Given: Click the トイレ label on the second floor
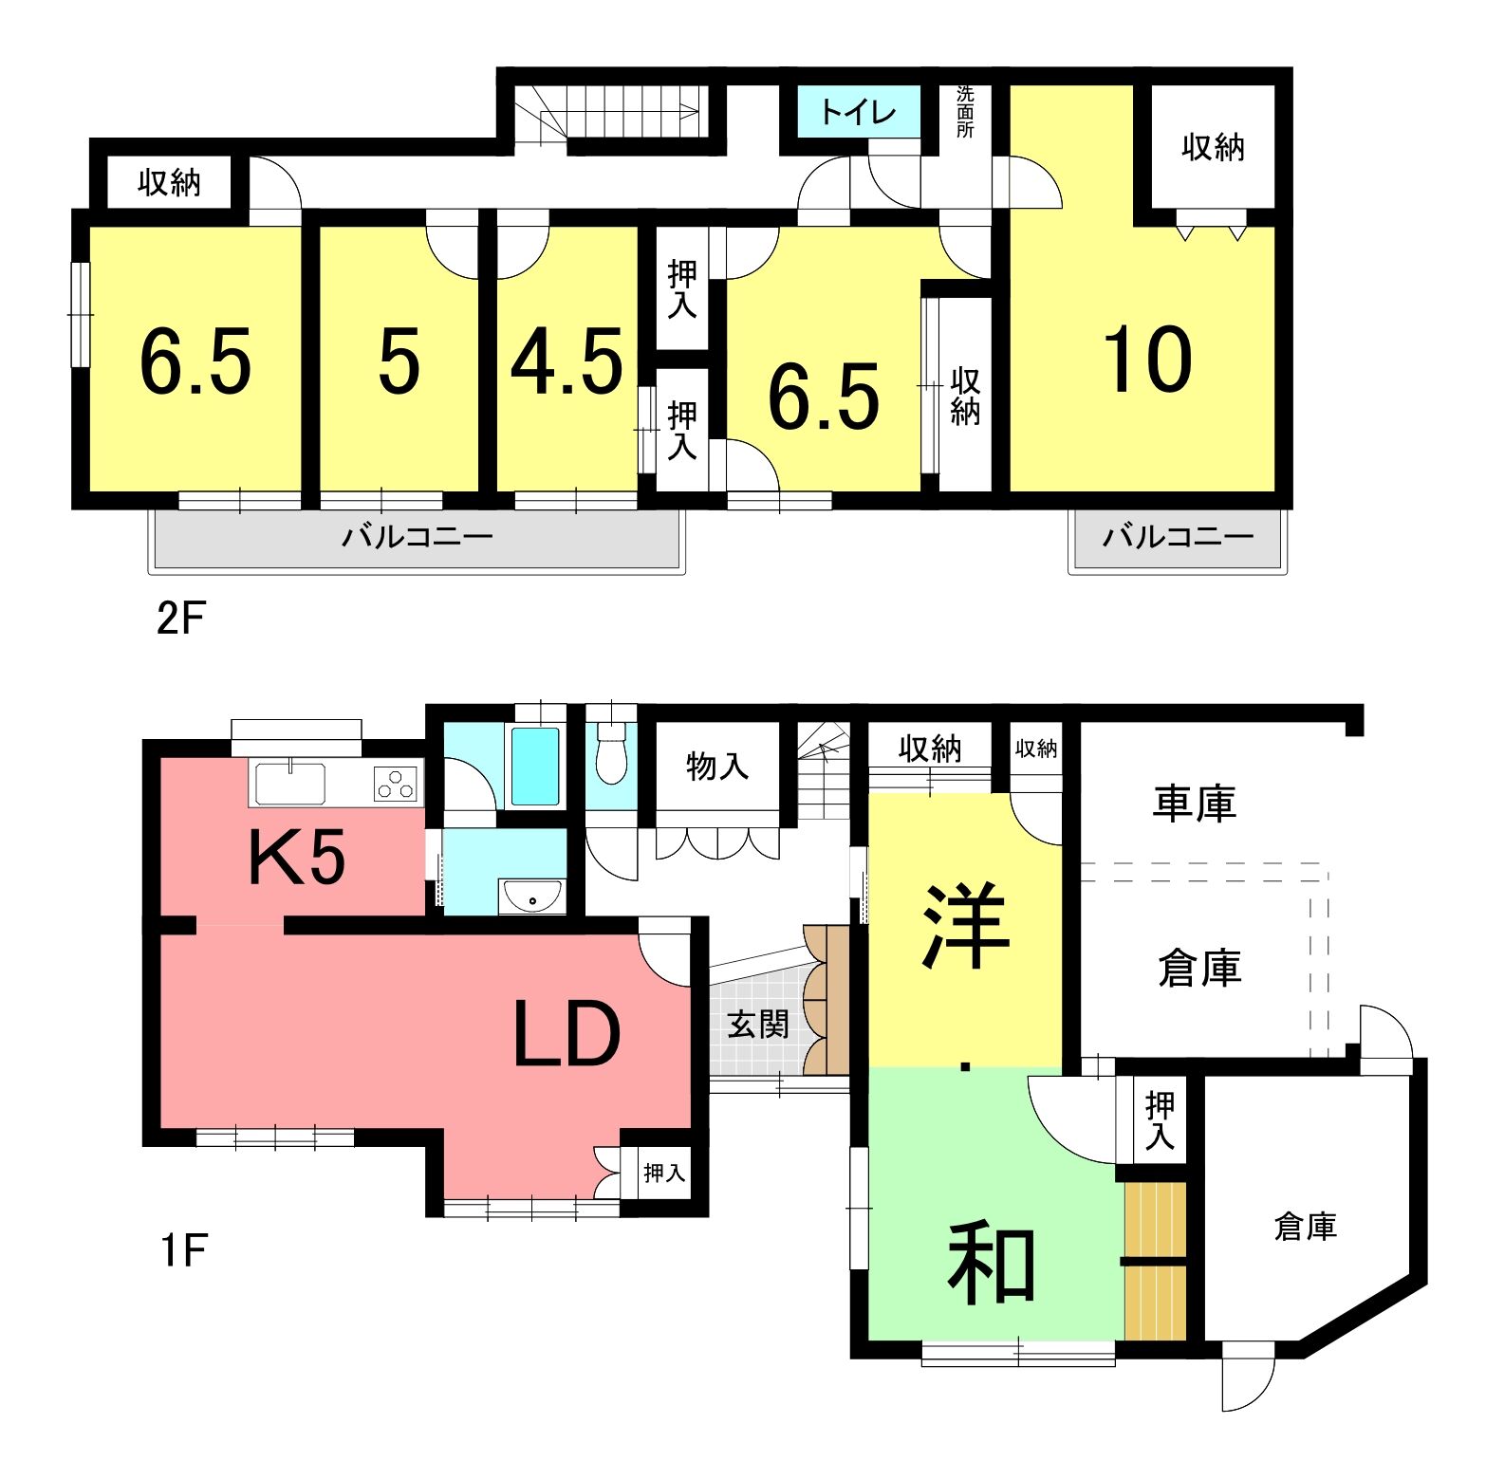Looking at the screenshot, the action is coord(858,113).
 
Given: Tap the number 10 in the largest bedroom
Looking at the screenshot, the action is coord(1147,360).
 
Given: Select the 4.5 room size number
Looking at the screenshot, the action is coord(567,362).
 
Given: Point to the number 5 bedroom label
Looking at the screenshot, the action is coord(399,362).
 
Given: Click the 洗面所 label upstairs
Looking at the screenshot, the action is coord(965,112).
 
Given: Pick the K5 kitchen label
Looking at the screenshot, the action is coord(297,857).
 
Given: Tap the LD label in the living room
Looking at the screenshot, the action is coord(567,1034).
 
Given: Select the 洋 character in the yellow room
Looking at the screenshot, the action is coord(965,927).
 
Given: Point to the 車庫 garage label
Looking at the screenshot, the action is coord(1195,804).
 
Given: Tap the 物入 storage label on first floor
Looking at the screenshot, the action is coord(717,765).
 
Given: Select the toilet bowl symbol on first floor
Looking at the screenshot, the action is coord(612,753).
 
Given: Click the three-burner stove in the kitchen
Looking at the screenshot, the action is coord(396,784).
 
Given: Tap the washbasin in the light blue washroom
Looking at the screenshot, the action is coord(532,896).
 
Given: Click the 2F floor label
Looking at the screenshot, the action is coord(180,620).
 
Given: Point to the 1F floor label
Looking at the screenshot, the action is coord(183,1250).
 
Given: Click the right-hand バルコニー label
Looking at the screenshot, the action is coord(1178,538).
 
